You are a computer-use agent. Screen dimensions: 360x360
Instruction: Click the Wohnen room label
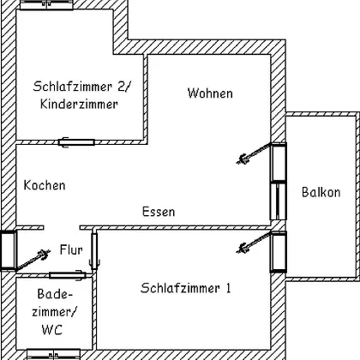(x=210, y=93)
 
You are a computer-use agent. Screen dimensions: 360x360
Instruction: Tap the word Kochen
(x=45, y=185)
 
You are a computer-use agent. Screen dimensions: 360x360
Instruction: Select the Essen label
(x=159, y=212)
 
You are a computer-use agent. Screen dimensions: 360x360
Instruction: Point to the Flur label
(x=71, y=249)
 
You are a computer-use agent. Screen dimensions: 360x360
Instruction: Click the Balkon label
(x=321, y=192)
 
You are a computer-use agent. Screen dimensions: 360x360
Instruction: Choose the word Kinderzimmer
(x=79, y=104)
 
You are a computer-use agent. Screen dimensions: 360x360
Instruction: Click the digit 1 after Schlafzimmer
(x=228, y=288)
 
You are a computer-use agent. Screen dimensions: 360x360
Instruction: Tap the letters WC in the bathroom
(x=51, y=329)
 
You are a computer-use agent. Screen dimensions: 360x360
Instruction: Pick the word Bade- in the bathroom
(x=55, y=294)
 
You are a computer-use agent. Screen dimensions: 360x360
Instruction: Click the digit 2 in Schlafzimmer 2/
(x=121, y=87)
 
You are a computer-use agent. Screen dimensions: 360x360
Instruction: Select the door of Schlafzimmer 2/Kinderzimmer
(x=76, y=142)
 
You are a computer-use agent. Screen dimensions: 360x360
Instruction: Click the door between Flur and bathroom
(x=68, y=275)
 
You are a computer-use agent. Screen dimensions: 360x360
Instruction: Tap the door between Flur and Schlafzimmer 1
(x=94, y=251)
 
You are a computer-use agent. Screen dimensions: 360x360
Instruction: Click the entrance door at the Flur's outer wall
(x=8, y=250)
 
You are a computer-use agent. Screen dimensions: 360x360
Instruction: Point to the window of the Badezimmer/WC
(x=53, y=354)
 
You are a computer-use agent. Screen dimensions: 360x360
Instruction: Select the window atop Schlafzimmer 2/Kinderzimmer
(x=47, y=5)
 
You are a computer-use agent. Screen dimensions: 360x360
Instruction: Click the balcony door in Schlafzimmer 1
(x=279, y=252)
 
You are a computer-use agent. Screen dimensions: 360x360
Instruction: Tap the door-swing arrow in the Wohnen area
(x=254, y=153)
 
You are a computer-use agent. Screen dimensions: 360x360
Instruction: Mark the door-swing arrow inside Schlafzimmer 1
(x=254, y=243)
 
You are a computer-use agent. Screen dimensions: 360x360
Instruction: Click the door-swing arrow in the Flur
(x=33, y=260)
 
